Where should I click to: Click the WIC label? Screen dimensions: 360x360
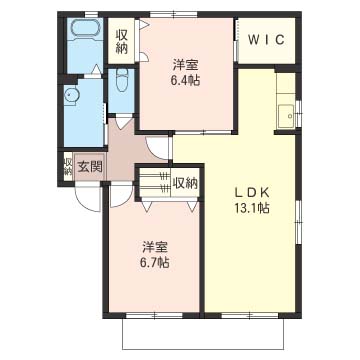265,41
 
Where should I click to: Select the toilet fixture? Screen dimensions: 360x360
120,79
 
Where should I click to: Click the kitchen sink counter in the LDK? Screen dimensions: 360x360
286,112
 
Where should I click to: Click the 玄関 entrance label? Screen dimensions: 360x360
90,167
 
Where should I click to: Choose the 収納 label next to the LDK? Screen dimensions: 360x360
184,183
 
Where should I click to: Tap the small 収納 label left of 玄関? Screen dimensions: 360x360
68,166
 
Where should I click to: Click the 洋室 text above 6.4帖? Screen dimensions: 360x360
184,62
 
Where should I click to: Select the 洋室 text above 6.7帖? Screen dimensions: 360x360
154,245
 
